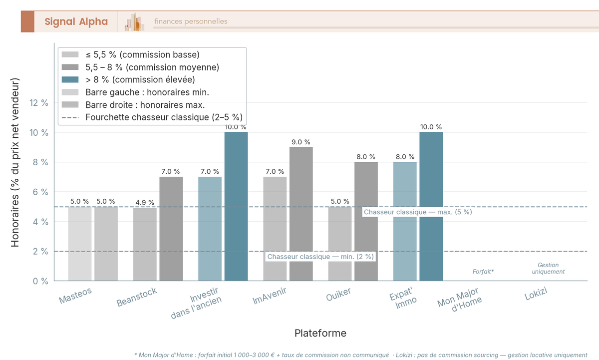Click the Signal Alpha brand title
click(x=76, y=21)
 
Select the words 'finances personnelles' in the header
click(x=191, y=21)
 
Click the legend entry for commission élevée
click(x=140, y=79)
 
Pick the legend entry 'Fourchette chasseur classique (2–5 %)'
click(x=164, y=118)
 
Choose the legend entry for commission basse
click(x=142, y=54)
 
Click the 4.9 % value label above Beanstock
click(x=145, y=203)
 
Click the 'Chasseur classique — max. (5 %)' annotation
click(x=418, y=212)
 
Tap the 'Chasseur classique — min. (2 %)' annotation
click(x=320, y=257)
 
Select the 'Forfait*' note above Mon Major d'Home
click(x=483, y=272)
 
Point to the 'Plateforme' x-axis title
click(x=320, y=333)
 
